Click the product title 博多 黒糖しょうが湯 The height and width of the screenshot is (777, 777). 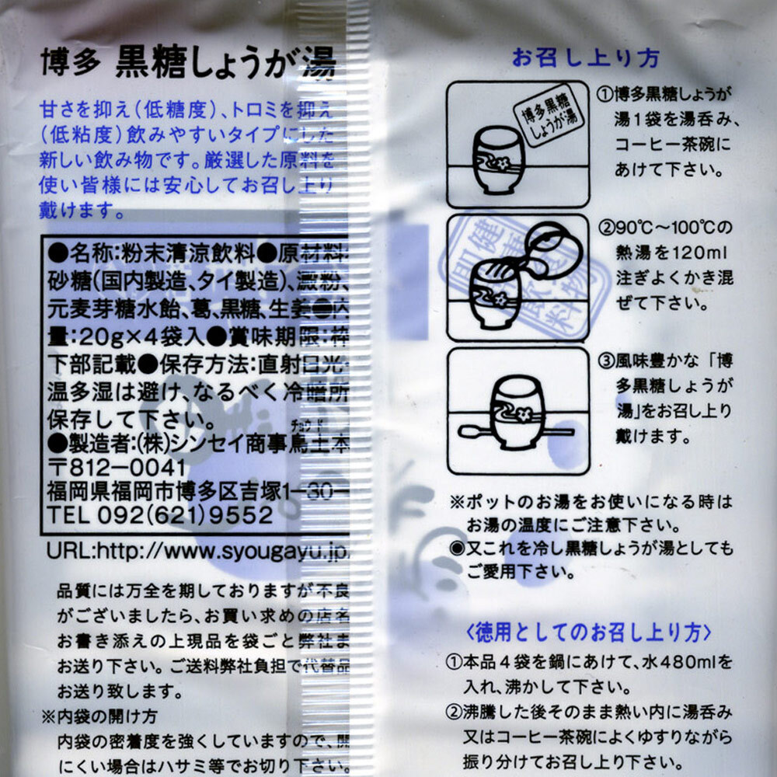187,64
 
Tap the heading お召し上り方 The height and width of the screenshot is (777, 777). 585,58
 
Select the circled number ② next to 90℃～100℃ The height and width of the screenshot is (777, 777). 605,228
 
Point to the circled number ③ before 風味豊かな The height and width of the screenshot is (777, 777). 605,361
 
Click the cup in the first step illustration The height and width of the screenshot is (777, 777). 499,159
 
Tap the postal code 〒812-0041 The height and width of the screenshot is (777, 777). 117,469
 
